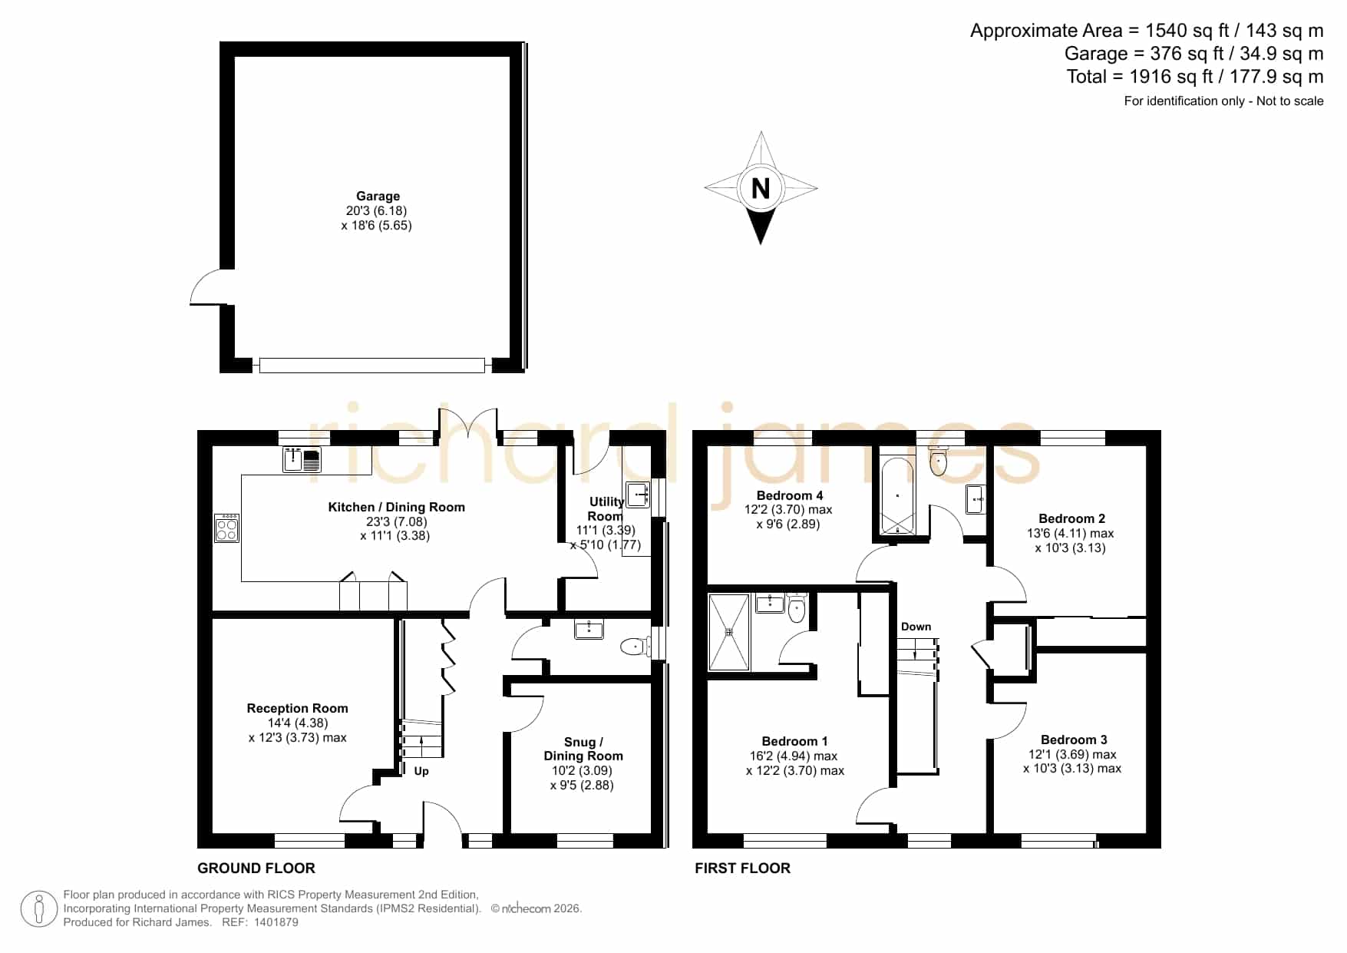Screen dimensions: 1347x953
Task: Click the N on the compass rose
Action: click(x=760, y=188)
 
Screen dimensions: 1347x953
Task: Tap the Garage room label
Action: click(x=378, y=196)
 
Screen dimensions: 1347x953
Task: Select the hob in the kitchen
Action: click(x=227, y=528)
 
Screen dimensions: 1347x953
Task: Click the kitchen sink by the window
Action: click(x=302, y=460)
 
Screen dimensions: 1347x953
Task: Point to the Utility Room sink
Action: click(x=638, y=494)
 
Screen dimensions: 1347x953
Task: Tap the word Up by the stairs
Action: click(x=421, y=771)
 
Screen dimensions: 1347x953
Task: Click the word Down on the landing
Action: click(x=916, y=627)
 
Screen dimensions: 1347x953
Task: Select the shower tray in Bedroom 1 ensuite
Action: click(x=729, y=632)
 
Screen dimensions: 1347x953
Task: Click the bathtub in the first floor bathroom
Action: click(x=897, y=496)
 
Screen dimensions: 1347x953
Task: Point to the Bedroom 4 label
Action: click(x=790, y=495)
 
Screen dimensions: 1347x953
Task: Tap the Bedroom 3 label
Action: click(x=1074, y=740)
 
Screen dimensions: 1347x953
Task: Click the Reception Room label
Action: click(x=297, y=708)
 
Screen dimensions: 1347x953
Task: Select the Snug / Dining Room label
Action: click(x=583, y=749)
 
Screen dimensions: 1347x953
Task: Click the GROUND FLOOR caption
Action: click(x=256, y=869)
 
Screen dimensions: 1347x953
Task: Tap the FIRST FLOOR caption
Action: click(x=742, y=869)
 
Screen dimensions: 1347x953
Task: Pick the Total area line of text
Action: click(x=1195, y=77)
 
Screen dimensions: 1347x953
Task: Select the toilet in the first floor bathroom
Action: click(x=938, y=460)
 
